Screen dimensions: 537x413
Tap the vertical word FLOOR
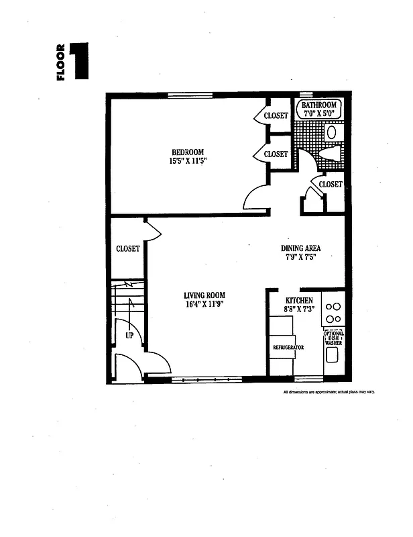[61, 62]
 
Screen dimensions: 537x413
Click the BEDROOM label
[187, 152]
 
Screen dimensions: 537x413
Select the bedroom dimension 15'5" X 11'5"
[187, 162]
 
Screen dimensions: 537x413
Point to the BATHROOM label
[318, 105]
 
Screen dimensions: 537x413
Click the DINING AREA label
[300, 248]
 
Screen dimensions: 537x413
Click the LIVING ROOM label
[204, 295]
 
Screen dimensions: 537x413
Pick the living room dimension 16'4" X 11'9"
[204, 305]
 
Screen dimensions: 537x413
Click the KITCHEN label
[298, 301]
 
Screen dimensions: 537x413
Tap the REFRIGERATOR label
[288, 347]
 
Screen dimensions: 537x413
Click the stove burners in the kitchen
[333, 312]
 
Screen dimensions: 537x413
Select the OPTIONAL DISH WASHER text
[333, 338]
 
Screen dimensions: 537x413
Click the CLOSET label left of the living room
[127, 248]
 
